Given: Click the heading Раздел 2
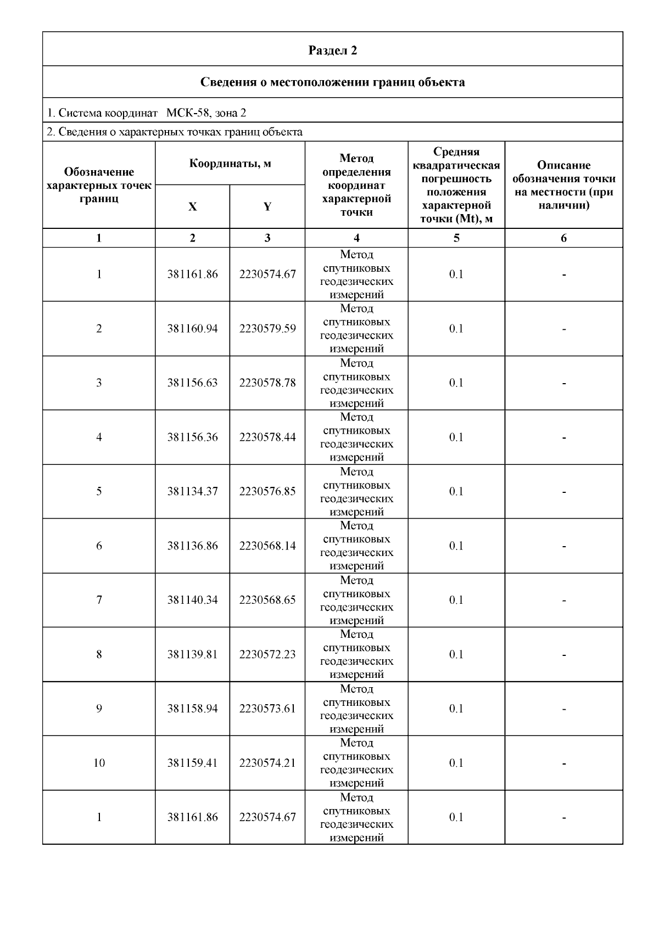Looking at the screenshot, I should point(332,50).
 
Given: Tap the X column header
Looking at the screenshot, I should point(192,207).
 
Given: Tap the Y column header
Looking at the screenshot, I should point(267,207).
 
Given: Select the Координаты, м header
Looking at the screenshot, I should point(230,164).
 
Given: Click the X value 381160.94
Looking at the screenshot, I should point(192,329).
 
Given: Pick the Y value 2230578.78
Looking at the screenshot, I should point(267,383).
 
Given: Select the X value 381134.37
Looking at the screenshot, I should point(192,491).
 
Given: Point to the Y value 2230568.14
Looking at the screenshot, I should point(267,546).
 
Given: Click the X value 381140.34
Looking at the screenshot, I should point(192,600).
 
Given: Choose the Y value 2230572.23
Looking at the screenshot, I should point(267,654).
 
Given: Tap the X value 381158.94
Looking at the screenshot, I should point(192,709).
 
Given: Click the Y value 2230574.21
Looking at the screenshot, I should point(267,763).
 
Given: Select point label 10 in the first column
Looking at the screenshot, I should point(99,763).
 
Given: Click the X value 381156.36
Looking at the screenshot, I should point(192,437).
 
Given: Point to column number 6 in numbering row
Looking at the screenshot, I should point(563,238).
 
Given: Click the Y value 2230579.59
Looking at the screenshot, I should point(267,329).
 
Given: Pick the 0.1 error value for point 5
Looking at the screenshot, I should point(456,491).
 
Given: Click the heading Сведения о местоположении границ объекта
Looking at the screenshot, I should point(332,82).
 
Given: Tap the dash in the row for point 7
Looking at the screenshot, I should point(563,600).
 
